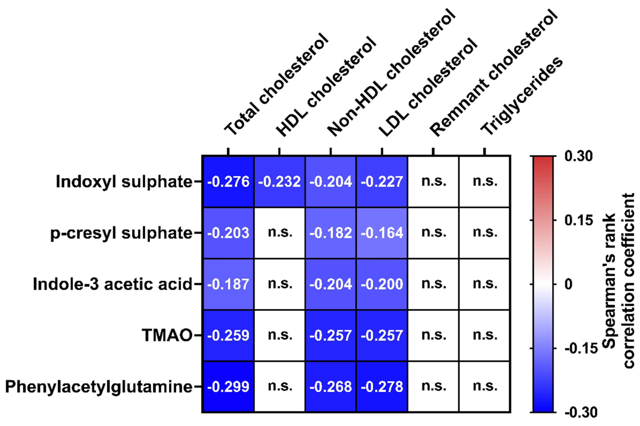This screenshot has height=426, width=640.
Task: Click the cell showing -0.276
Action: click(228, 182)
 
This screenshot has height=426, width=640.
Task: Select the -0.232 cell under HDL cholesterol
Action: click(279, 182)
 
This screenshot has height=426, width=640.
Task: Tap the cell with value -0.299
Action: click(228, 386)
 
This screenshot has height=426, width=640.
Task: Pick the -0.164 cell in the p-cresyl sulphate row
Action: click(382, 233)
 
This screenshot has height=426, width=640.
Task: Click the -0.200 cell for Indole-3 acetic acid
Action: click(382, 284)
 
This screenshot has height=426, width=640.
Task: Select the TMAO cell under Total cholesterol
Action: click(228, 335)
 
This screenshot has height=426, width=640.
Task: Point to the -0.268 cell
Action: click(330, 386)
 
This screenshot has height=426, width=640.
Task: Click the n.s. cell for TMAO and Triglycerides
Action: click(484, 335)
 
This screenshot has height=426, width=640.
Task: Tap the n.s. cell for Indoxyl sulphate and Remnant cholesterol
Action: click(433, 182)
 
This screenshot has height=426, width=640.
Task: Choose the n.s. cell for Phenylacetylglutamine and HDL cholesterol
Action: click(279, 386)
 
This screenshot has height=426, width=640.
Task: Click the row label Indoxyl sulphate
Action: click(124, 182)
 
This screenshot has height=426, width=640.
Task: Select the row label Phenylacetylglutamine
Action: click(99, 386)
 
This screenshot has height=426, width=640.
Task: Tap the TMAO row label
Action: click(167, 335)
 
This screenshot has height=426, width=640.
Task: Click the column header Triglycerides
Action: click(521, 97)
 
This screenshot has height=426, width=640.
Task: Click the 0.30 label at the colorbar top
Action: click(578, 156)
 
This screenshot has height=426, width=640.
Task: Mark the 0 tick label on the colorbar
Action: click(569, 284)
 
